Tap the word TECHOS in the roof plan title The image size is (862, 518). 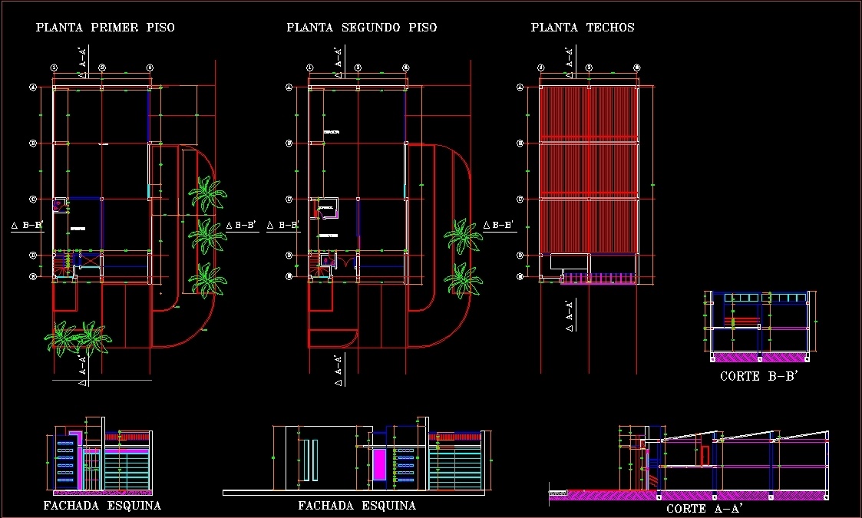pyautogui.click(x=610, y=28)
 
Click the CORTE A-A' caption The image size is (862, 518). pyautogui.click(x=704, y=508)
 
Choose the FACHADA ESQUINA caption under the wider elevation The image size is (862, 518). pyautogui.click(x=357, y=506)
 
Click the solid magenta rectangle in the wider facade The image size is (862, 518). pyautogui.click(x=379, y=464)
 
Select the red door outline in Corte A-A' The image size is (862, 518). pyautogui.click(x=704, y=455)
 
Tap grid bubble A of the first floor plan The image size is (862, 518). pyautogui.click(x=33, y=87)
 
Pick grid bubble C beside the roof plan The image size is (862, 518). pyautogui.click(x=520, y=200)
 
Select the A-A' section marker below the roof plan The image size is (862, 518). pyautogui.click(x=569, y=315)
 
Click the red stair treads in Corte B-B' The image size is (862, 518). pyautogui.click(x=746, y=319)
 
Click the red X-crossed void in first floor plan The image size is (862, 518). pyautogui.click(x=90, y=262)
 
